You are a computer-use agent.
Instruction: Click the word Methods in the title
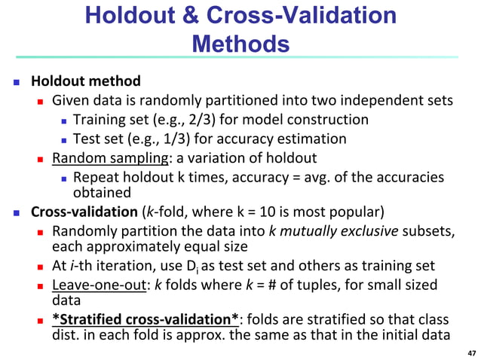(x=240, y=43)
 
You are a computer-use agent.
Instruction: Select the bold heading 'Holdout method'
(x=85, y=81)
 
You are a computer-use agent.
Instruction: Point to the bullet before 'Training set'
(x=65, y=121)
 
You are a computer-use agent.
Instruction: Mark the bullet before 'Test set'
(x=65, y=139)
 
